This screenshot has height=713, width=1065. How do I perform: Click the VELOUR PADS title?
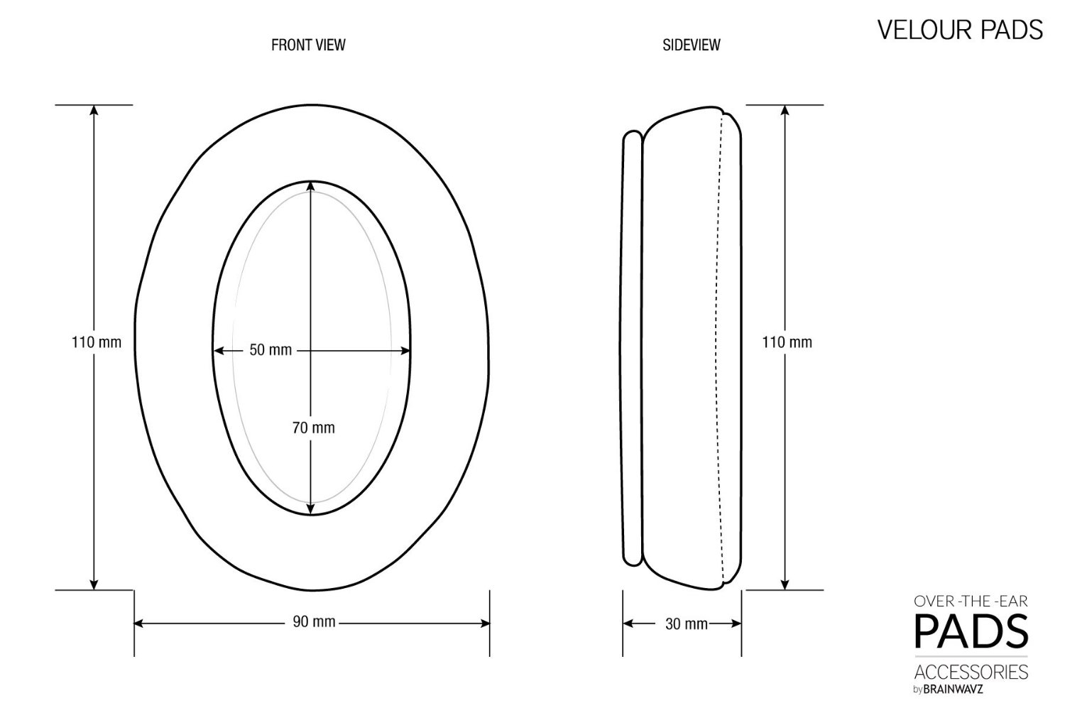[959, 30]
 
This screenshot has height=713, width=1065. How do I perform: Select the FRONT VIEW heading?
[308, 45]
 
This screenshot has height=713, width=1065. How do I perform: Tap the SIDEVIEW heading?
[692, 45]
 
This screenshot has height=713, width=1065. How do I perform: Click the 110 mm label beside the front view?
[97, 342]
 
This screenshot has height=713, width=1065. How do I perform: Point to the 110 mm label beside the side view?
[787, 342]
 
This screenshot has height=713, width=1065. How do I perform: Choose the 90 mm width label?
[314, 621]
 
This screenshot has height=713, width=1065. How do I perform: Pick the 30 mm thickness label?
[687, 624]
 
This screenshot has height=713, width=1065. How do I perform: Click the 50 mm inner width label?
[271, 350]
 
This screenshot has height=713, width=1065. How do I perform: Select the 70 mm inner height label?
[314, 428]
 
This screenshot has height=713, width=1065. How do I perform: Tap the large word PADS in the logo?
[971, 631]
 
